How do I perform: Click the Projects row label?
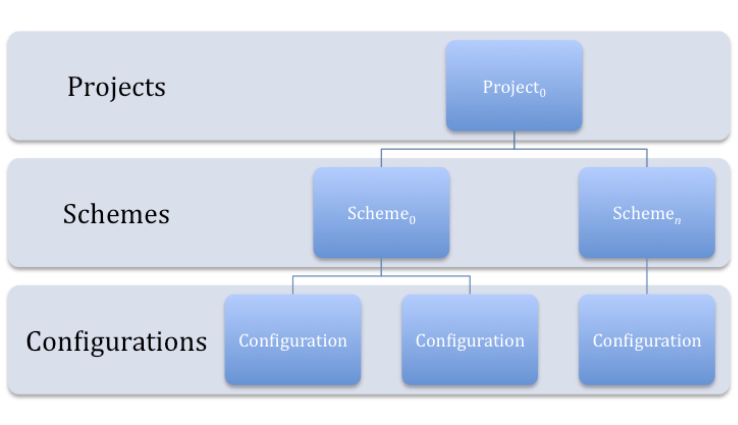tap(116, 87)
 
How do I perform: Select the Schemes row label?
tap(116, 214)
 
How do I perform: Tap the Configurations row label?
tap(116, 341)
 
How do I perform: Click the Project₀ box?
tap(514, 86)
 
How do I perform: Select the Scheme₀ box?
tap(381, 213)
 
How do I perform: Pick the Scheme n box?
tap(647, 213)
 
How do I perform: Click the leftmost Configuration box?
tap(292, 340)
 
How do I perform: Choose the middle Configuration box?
tap(470, 340)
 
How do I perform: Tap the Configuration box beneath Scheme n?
tap(647, 340)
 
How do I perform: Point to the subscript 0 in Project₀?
tap(542, 92)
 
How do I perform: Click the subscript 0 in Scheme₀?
tap(412, 220)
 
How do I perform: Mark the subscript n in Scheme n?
tap(678, 221)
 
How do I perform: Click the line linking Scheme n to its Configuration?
tap(647, 276)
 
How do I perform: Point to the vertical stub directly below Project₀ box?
tap(514, 140)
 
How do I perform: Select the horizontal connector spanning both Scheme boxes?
tap(514, 149)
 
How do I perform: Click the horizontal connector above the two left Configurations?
tap(381, 276)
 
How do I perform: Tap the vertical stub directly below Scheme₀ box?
tap(381, 267)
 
